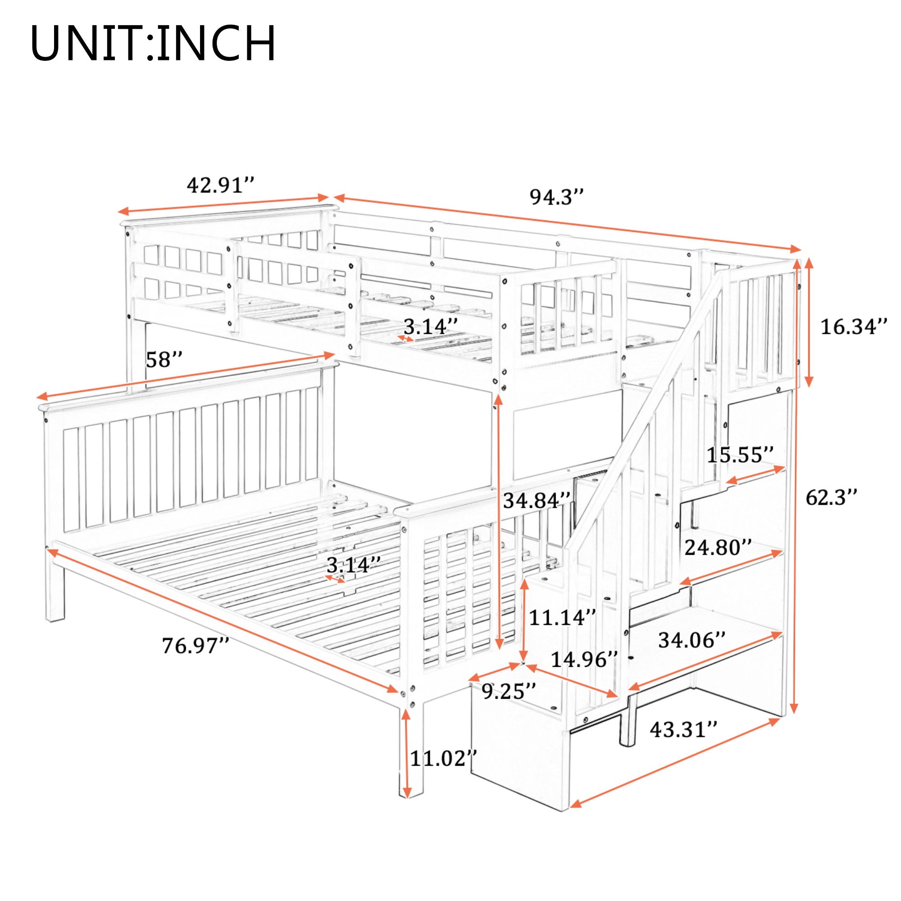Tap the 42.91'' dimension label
point(220,186)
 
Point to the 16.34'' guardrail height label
point(853,327)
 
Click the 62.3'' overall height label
point(831,499)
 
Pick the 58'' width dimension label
point(163,360)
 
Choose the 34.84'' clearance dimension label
point(537,501)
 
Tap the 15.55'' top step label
point(740,455)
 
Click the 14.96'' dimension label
point(584,660)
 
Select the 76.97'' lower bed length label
point(196,646)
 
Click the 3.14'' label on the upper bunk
point(427,327)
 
